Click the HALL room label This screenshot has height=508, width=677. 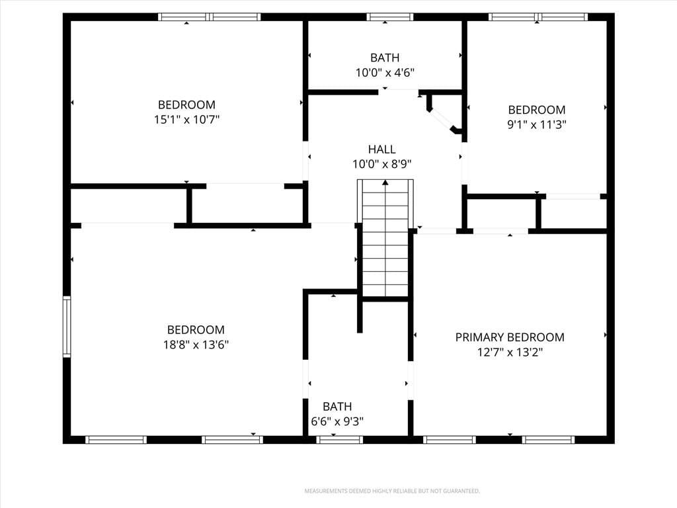pos(381,149)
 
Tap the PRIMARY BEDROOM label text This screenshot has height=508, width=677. pos(510,337)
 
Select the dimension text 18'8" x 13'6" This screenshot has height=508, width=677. pos(196,345)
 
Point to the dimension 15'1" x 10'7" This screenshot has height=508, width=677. pos(187,119)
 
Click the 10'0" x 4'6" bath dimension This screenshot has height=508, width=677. pos(385,73)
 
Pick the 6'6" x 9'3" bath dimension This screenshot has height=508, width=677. pos(337,421)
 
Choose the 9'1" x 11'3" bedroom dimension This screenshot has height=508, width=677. pos(537,124)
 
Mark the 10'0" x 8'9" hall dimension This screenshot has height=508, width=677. pos(381,164)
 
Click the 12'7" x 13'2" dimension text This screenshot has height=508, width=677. pos(510,352)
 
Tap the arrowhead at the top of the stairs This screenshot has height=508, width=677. pos(385,183)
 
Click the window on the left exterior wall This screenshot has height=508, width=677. pos(67,327)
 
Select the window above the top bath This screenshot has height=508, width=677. pos(390,17)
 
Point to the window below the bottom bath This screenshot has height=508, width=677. pos(339,440)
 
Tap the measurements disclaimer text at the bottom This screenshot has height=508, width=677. pos(392,491)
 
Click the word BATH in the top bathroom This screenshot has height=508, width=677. pos(385,58)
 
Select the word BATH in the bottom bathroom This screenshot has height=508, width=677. pos(337,407)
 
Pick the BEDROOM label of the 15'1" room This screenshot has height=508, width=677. pos(186,105)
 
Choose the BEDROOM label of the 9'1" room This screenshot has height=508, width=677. pos(537,110)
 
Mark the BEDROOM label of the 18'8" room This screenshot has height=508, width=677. pos(196,330)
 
